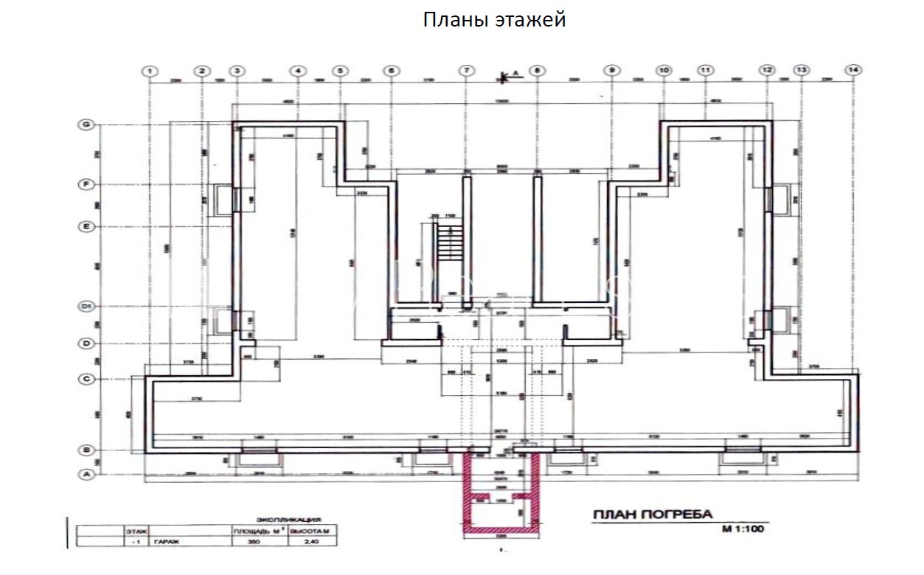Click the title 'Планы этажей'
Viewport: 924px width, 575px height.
[494, 20]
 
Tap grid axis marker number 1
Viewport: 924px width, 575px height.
[150, 71]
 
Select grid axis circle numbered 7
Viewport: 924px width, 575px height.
[466, 71]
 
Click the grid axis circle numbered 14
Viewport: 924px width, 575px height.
[853, 70]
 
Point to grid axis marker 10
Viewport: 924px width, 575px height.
[663, 71]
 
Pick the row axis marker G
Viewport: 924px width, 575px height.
[86, 125]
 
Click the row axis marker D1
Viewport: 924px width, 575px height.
[86, 306]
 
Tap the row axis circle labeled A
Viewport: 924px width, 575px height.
[86, 475]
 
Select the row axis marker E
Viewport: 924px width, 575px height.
[86, 227]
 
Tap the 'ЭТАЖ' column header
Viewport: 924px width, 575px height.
[136, 530]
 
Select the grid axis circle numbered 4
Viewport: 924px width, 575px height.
[297, 71]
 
